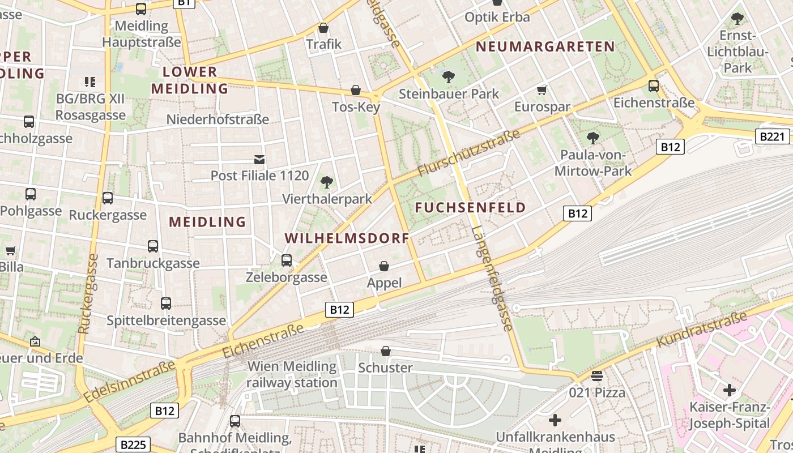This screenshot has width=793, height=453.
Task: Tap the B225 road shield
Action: tap(133, 445)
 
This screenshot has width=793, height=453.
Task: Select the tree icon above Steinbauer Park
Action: tap(448, 76)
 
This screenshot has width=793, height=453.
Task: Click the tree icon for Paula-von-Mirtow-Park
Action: tap(593, 138)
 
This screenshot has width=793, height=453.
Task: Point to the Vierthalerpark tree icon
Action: tap(326, 182)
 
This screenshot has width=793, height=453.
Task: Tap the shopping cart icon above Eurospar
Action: tap(542, 90)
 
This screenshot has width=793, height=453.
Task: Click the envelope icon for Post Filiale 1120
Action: tap(259, 159)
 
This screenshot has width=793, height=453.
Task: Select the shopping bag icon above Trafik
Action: tap(323, 27)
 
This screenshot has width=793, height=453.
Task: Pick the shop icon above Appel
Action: tap(384, 266)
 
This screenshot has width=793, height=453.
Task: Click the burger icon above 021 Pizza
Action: tap(596, 376)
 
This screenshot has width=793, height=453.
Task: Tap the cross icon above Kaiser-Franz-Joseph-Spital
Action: tap(729, 390)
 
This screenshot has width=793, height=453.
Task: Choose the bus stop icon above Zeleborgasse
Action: tap(287, 260)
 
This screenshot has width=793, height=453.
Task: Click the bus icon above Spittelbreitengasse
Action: tap(166, 304)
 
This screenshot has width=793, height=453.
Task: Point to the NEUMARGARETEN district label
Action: tap(545, 46)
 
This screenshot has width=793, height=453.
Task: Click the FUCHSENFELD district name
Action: tap(471, 207)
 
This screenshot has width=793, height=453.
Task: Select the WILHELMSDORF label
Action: tap(347, 238)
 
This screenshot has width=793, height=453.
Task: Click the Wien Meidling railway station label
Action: tap(292, 375)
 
